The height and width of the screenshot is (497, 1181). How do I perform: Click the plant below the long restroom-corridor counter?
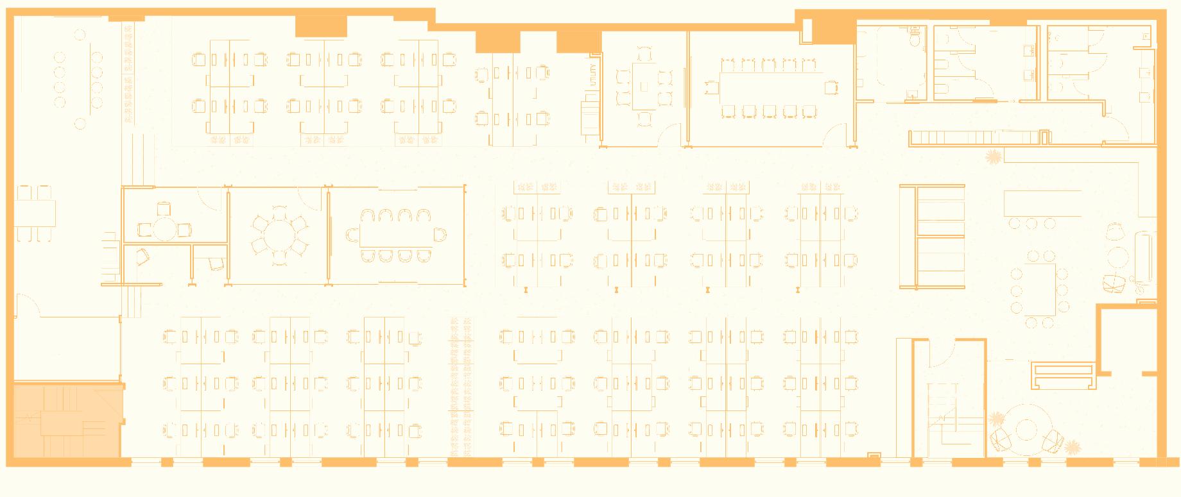point(994,156)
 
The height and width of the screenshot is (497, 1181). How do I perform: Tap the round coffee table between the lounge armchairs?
point(1026,430)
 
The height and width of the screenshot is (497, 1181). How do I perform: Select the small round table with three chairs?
point(164,228)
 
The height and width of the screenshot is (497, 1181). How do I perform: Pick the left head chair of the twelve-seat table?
point(711,87)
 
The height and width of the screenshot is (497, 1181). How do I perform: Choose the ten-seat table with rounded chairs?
point(395,235)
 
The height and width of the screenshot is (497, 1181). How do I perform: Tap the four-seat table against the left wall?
point(36,212)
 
